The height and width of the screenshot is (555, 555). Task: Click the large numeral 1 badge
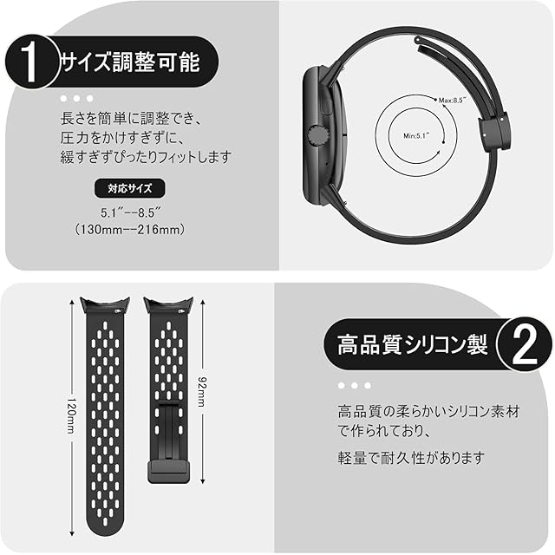[x=31, y=62]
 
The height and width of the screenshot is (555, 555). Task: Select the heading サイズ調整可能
[x=131, y=62]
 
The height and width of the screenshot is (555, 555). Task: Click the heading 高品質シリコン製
[x=412, y=345]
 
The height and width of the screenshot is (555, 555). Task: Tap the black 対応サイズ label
[x=129, y=188]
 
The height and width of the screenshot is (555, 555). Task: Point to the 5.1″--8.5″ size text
[x=131, y=213]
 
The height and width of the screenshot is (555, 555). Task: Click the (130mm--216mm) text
[x=130, y=229]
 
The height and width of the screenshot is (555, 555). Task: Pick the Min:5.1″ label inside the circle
[x=416, y=135]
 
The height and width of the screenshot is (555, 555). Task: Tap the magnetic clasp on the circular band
[x=494, y=128]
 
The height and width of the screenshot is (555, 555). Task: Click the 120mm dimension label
[x=71, y=415]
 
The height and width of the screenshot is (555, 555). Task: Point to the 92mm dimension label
[x=202, y=391]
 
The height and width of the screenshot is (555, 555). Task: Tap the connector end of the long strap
[x=105, y=305]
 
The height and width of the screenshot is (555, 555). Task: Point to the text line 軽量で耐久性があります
[x=411, y=458]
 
